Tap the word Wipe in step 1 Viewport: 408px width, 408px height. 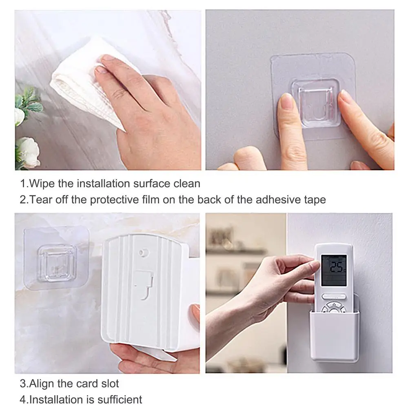[x=42, y=184]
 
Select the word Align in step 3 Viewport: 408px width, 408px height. [x=42, y=384]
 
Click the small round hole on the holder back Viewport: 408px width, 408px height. [x=142, y=253]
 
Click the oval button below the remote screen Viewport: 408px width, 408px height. [x=334, y=297]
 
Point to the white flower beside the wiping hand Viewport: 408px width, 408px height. [x=28, y=152]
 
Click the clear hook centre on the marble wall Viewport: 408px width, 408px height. [x=57, y=264]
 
